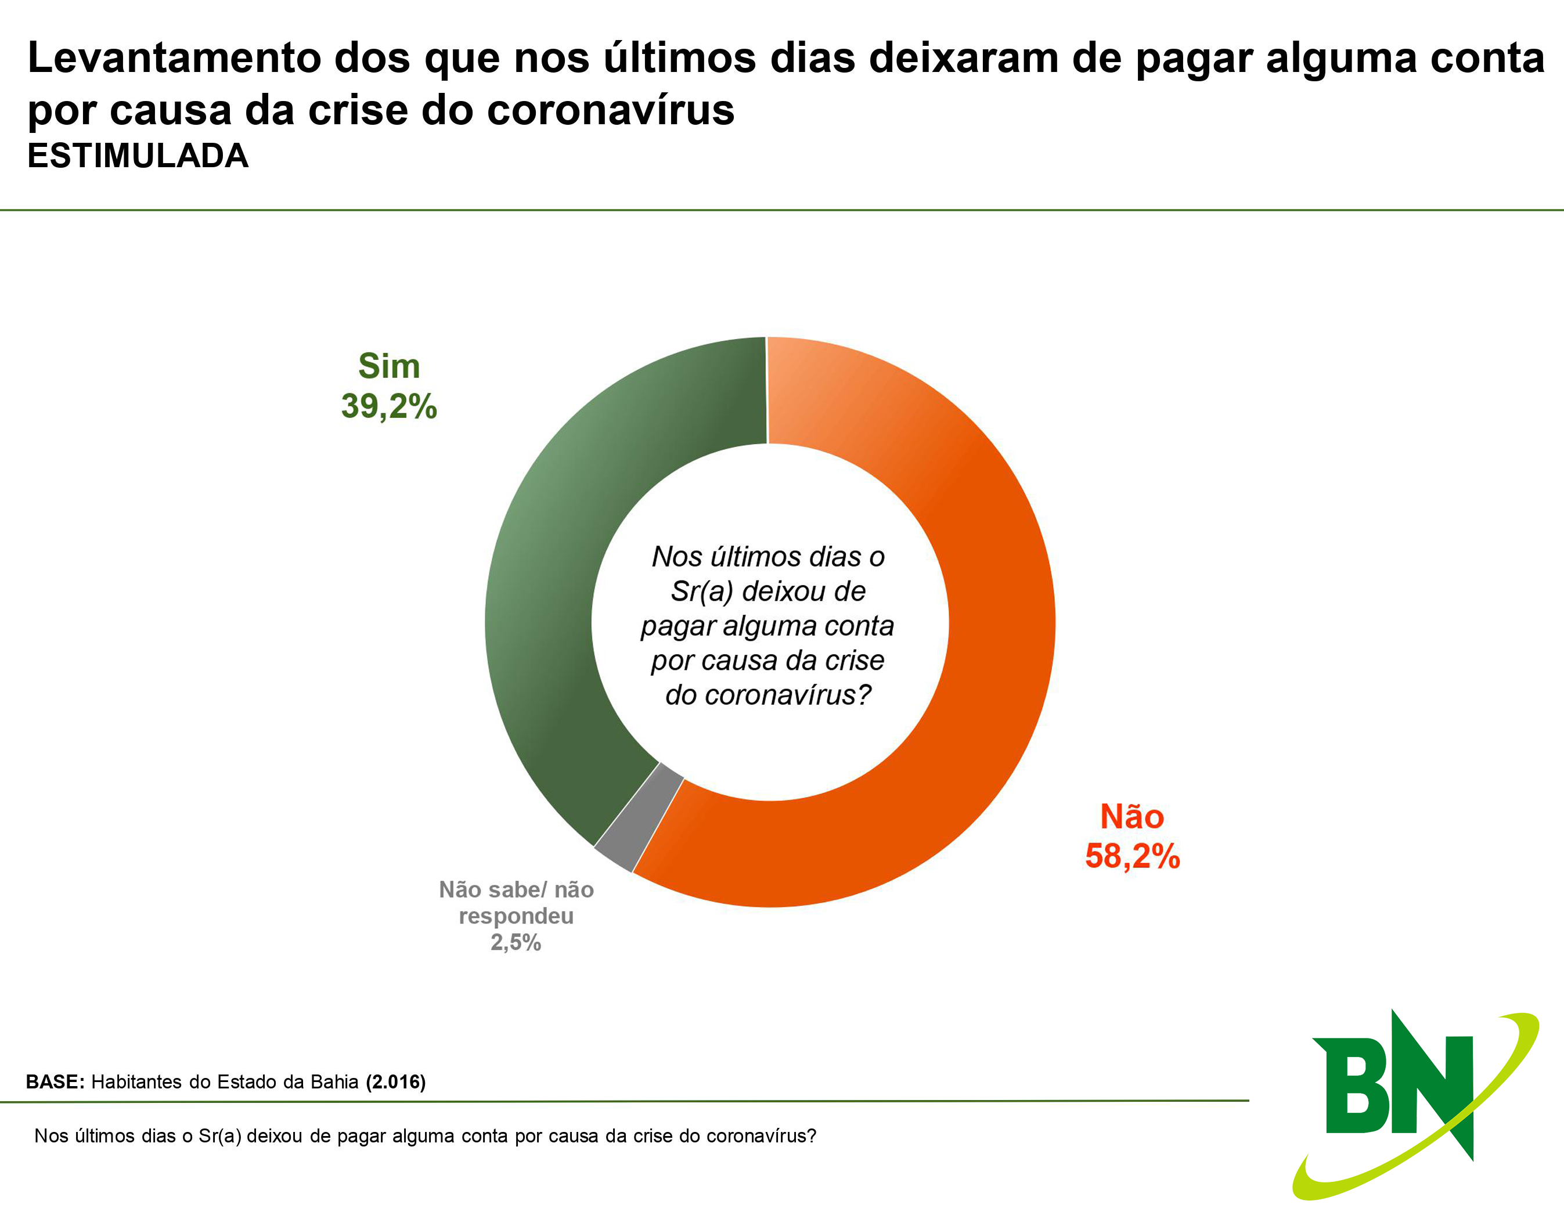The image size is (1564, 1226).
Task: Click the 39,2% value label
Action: pos(389,406)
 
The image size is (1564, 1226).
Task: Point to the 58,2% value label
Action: pos(1132,856)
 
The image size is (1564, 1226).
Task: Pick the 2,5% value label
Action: pos(516,943)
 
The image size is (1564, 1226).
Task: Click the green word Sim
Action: pos(389,366)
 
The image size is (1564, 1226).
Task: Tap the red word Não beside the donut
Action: pos(1132,817)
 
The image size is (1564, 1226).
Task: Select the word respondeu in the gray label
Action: pos(516,916)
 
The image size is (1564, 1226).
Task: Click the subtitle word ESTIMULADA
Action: pos(138,156)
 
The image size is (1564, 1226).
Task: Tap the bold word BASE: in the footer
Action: pos(55,1081)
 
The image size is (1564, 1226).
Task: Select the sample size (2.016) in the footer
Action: pos(395,1081)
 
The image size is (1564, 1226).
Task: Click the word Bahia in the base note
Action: pos(335,1081)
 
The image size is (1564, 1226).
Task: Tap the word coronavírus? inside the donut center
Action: pos(768,695)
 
